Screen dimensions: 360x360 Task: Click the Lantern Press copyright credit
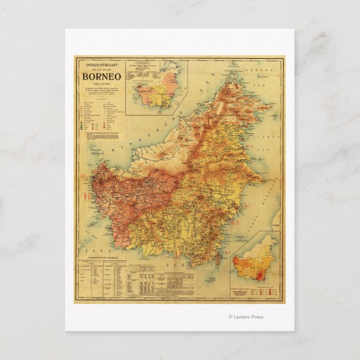pos(246,317)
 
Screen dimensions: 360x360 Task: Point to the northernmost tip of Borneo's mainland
pos(231,73)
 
